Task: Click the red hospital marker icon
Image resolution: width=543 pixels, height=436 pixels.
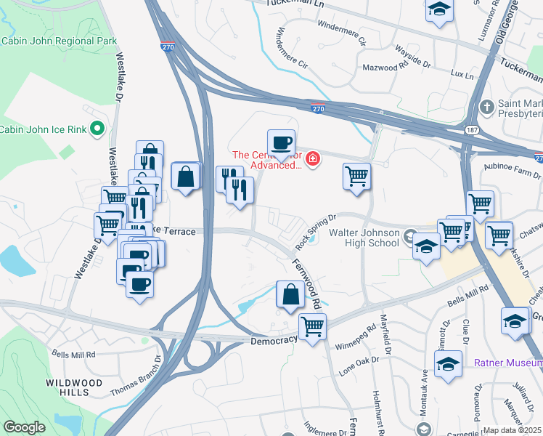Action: pyautogui.click(x=313, y=158)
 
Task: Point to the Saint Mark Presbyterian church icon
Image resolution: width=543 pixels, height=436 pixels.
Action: pyautogui.click(x=487, y=108)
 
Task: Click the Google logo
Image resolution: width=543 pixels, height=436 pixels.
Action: pyautogui.click(x=24, y=427)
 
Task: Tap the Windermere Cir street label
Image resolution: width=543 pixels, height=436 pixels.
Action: pyautogui.click(x=293, y=47)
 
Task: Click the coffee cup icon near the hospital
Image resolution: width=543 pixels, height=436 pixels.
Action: pyautogui.click(x=281, y=143)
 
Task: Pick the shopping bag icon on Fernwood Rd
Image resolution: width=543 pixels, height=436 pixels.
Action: pyautogui.click(x=290, y=294)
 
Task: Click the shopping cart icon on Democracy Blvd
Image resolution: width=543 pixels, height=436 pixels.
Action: pyautogui.click(x=312, y=327)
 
